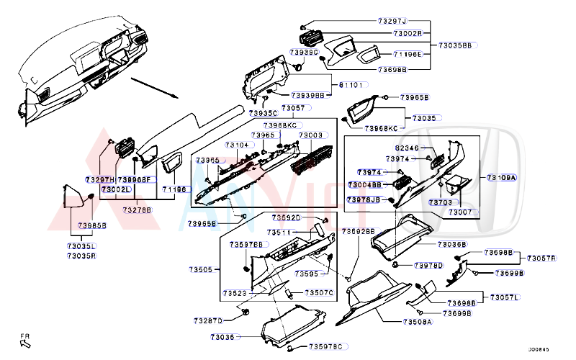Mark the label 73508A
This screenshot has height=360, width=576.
(x=417, y=322)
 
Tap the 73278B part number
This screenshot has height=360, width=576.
(x=137, y=210)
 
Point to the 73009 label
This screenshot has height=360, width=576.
(x=310, y=135)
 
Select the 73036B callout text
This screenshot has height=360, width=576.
(x=451, y=245)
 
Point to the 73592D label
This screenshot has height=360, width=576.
(x=286, y=217)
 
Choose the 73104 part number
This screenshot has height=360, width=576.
(x=238, y=145)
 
